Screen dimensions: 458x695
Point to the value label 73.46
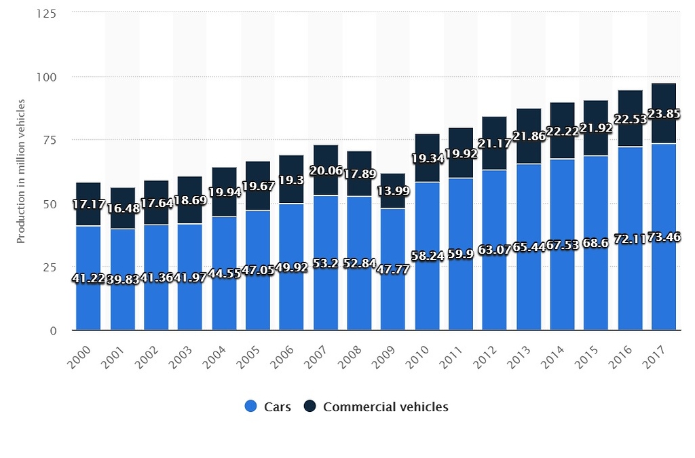(x=664, y=237)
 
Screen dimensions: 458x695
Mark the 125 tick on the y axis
(x=45, y=13)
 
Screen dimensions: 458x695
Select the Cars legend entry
(x=267, y=407)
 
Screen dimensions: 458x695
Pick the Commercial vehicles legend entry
(x=376, y=407)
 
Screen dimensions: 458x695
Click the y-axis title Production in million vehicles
(x=21, y=172)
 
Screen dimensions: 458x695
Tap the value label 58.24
(x=427, y=258)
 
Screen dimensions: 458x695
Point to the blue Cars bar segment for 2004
(x=224, y=299)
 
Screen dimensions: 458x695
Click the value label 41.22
(x=88, y=278)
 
